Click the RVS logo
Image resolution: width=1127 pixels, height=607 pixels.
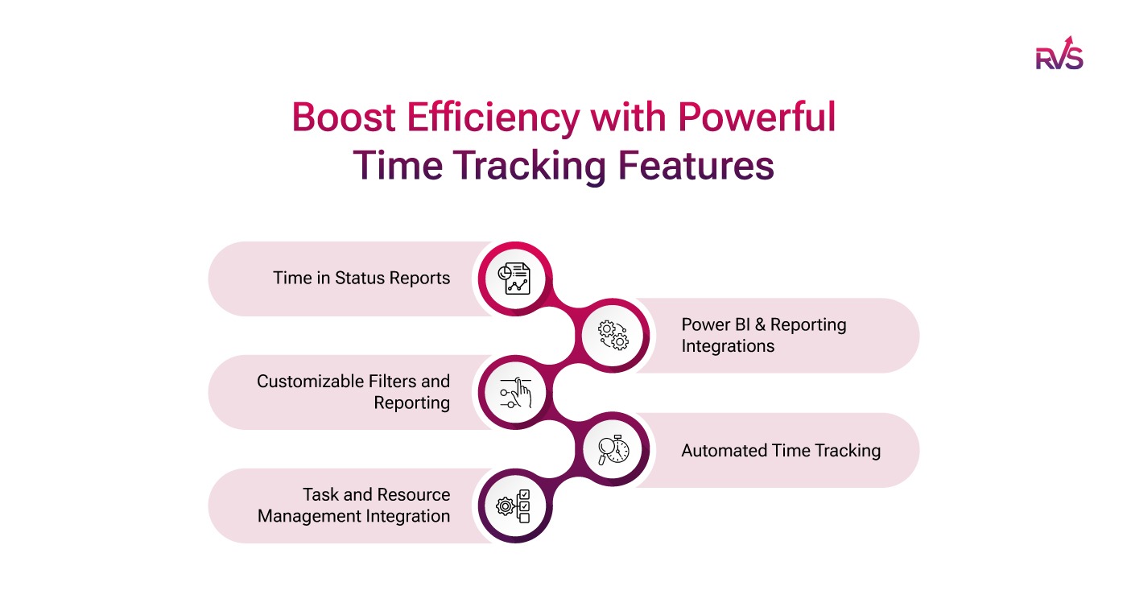pos(1059,54)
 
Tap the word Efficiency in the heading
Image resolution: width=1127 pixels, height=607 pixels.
pos(491,118)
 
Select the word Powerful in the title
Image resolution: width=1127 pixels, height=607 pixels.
pos(756,118)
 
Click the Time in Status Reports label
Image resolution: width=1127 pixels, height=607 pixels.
pos(361,279)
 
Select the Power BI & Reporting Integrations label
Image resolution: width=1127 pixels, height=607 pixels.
pos(764,335)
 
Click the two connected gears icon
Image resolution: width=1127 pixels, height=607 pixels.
pos(613,335)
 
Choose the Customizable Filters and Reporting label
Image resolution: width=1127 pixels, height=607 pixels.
pos(353,391)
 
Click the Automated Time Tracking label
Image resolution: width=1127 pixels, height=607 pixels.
pos(781,451)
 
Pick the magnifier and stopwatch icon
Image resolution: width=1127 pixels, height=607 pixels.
pos(613,449)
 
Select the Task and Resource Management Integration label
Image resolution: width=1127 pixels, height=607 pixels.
pos(354,505)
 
